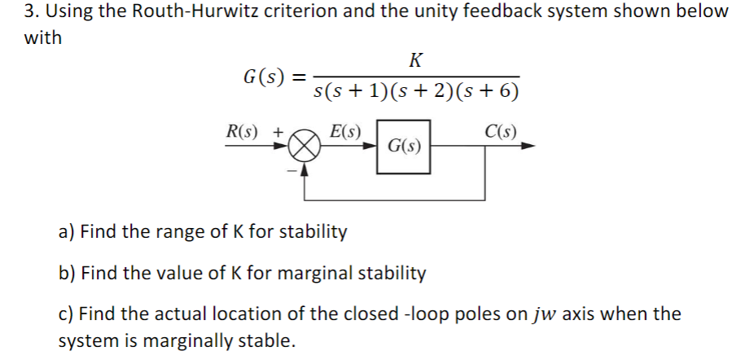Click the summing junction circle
(x=303, y=147)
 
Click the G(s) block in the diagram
(x=404, y=147)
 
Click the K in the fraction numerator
(x=416, y=59)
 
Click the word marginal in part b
(x=314, y=273)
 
